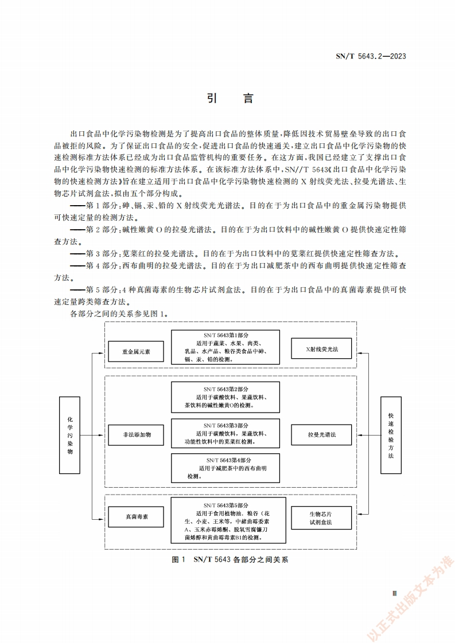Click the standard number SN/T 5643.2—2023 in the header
tap(371, 56)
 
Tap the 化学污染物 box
tap(70, 435)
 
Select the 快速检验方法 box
tap(390, 435)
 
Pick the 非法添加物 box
tap(136, 435)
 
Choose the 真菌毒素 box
tap(136, 516)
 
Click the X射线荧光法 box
tap(321, 348)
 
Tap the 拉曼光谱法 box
tap(321, 435)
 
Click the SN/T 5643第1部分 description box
tap(225, 347)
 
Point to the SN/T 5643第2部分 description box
tap(225, 397)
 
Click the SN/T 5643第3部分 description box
tap(225, 434)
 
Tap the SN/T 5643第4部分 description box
tap(225, 468)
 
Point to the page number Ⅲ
tap(394, 594)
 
